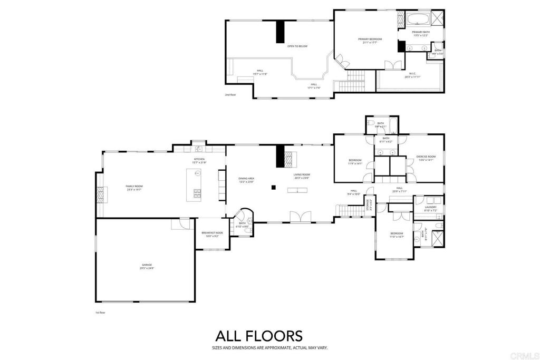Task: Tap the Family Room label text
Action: pyautogui.click(x=134, y=187)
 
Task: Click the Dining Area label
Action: pyautogui.click(x=246, y=180)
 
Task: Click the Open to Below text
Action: pyautogui.click(x=297, y=46)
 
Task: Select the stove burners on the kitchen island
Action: pyautogui.click(x=197, y=193)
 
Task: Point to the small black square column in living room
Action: pyautogui.click(x=273, y=187)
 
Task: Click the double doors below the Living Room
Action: pyautogui.click(x=298, y=217)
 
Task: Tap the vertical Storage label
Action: pyautogui.click(x=370, y=206)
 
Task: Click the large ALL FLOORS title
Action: pyautogui.click(x=258, y=336)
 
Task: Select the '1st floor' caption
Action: pyautogui.click(x=100, y=313)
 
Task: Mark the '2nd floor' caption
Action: pyautogui.click(x=230, y=95)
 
